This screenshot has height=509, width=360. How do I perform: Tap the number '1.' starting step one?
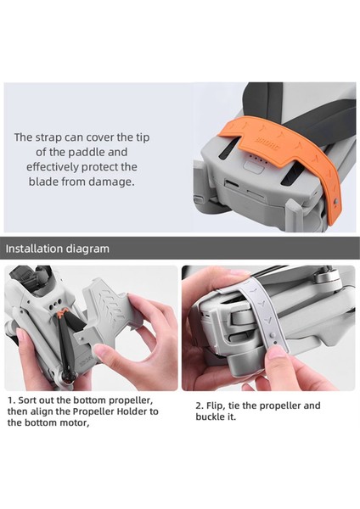click(11, 399)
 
